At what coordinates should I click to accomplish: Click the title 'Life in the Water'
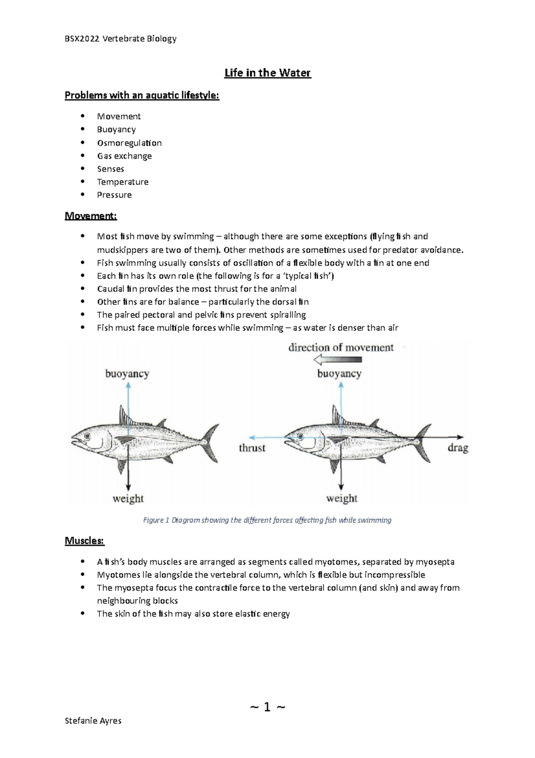coord(267,73)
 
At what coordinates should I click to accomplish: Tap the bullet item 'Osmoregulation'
coord(129,143)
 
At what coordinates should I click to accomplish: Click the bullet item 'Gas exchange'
coord(124,156)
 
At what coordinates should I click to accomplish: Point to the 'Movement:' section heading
coord(91,216)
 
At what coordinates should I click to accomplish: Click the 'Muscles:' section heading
coord(85,541)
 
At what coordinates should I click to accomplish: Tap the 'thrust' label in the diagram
coord(252,448)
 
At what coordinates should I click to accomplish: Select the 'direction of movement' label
coord(341,347)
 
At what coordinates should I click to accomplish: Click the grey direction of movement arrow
coord(337,359)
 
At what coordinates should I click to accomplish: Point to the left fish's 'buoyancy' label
coord(127,374)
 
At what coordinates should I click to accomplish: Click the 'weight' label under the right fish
coord(342,498)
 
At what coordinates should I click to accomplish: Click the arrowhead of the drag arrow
coord(460,437)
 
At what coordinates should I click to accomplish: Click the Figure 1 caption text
coord(267,520)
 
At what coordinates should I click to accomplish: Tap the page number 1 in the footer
coord(267,707)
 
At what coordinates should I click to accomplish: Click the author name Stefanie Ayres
coord(93,721)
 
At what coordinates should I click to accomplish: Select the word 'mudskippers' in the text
coord(119,250)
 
